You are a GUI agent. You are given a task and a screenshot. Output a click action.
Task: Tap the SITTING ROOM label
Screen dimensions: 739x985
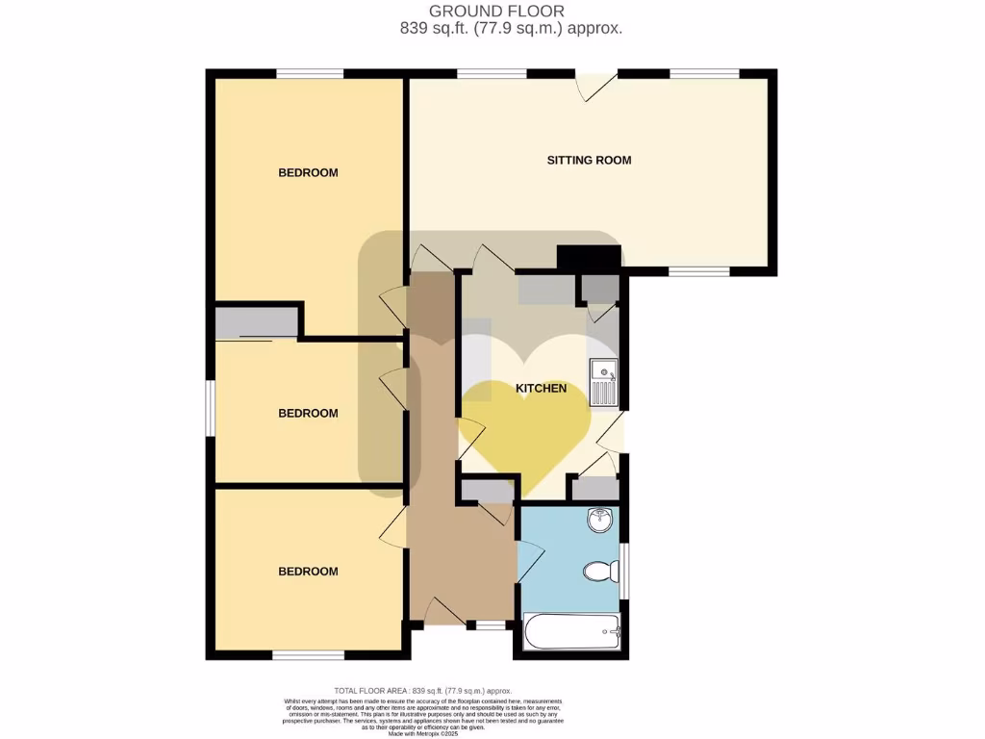(589, 160)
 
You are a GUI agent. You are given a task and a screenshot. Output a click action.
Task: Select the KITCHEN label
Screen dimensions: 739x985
(542, 389)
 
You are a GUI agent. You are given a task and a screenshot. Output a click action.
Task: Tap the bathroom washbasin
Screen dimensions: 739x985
(600, 521)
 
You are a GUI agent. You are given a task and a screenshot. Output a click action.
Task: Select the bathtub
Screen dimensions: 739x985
(571, 633)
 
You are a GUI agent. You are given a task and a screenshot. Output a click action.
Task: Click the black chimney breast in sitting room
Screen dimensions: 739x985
(589, 258)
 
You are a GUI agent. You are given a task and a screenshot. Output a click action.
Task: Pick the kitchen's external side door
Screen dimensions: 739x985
(610, 431)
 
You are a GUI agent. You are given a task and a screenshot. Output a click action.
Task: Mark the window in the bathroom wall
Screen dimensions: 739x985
(624, 570)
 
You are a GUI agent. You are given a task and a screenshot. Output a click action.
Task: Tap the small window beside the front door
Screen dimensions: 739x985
(491, 625)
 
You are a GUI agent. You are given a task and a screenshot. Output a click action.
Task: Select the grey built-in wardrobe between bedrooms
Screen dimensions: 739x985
(254, 322)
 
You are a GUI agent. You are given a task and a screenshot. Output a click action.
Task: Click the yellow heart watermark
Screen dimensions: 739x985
(524, 423)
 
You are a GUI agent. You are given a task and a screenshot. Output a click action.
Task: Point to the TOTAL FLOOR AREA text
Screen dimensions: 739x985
(422, 691)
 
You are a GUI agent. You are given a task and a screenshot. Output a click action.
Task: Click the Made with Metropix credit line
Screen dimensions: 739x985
(422, 734)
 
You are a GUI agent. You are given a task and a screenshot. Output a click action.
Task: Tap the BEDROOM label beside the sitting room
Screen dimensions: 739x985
(308, 173)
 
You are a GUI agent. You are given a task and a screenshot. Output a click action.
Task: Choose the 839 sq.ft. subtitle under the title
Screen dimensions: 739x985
(511, 29)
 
